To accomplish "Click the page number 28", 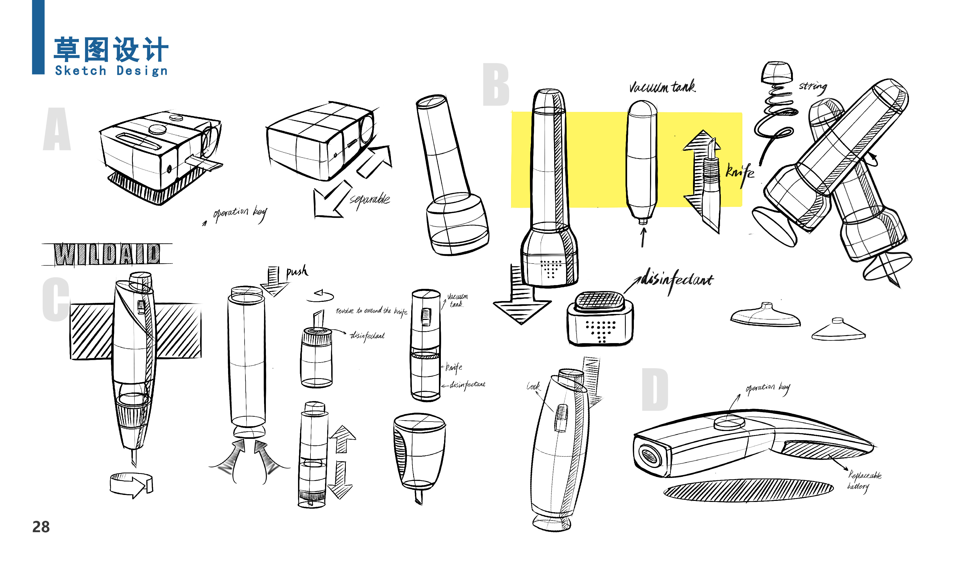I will pyautogui.click(x=41, y=527).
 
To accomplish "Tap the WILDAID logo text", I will pyautogui.click(x=107, y=254).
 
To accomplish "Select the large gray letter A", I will pyautogui.click(x=57, y=129).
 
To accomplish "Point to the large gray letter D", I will pyautogui.click(x=655, y=389).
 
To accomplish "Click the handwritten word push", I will pyautogui.click(x=297, y=271).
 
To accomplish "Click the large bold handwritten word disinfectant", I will pyautogui.click(x=677, y=280).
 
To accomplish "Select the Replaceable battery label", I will pyautogui.click(x=864, y=480).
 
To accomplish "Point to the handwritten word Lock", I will pyautogui.click(x=533, y=387).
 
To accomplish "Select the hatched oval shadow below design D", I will pyautogui.click(x=748, y=490).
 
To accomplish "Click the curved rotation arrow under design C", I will pyautogui.click(x=131, y=485).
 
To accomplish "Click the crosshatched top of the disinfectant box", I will pyautogui.click(x=600, y=300).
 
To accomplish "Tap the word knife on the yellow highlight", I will pyautogui.click(x=739, y=173).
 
